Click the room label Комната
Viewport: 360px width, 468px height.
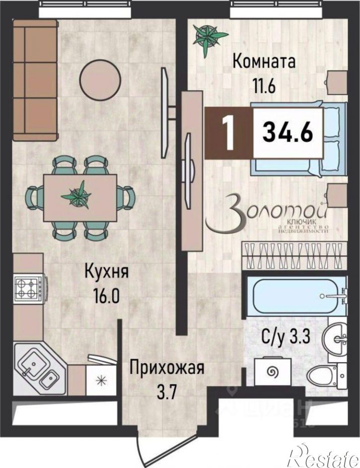coord(264,63)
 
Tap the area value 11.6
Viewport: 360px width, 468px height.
coord(264,85)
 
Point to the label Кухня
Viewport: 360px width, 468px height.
coord(107,273)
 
